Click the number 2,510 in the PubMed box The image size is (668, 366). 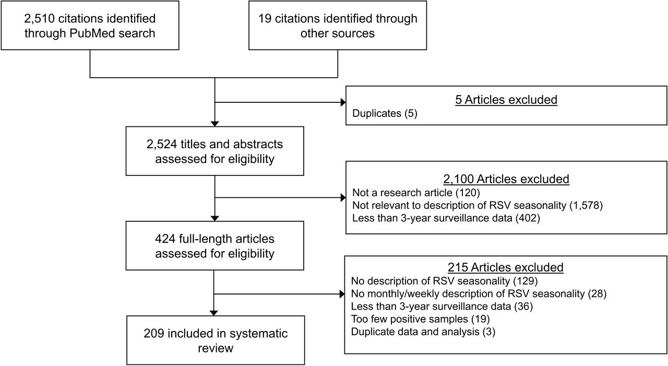point(39,19)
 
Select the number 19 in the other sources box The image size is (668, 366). point(265,18)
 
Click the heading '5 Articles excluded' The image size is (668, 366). point(506,100)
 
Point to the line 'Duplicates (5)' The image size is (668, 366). point(385,113)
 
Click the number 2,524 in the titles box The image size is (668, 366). point(162,145)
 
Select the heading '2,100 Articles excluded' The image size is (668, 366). point(506,179)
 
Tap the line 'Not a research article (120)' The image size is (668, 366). point(416,193)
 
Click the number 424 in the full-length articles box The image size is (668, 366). point(165,239)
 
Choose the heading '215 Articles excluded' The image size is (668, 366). point(506,267)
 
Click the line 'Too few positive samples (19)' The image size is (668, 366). point(421,319)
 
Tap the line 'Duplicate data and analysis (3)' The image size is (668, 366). point(423,332)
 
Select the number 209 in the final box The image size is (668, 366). point(154,334)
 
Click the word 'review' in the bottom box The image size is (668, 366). point(216,348)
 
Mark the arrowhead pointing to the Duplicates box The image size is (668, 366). point(343,102)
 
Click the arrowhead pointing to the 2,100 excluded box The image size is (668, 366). point(343,197)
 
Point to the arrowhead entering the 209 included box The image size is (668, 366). point(214,313)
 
